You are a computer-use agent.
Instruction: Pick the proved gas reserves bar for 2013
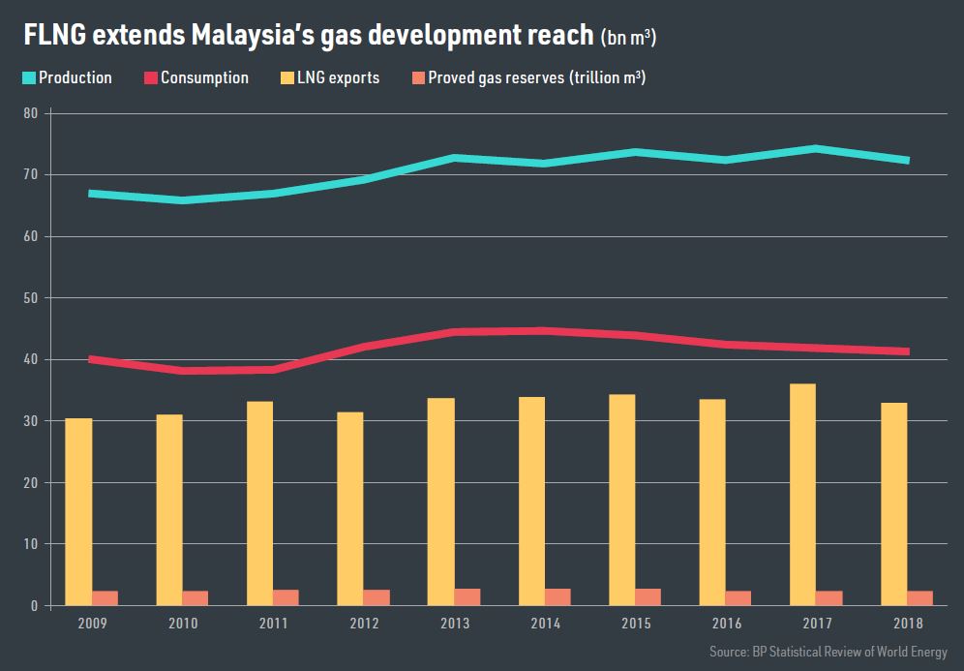coord(467,596)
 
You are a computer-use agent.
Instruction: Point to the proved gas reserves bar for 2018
coord(919,597)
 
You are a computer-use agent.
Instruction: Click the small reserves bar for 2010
coord(196,597)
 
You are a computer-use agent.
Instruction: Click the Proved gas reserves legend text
coord(537,77)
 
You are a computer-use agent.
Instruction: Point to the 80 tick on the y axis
coord(31,113)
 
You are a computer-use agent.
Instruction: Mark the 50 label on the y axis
coord(31,298)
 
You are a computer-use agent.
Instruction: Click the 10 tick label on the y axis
coord(31,544)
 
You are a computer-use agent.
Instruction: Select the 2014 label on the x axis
coord(546,623)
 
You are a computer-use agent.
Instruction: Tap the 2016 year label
coord(726,623)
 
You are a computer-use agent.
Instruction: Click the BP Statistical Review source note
coord(828,652)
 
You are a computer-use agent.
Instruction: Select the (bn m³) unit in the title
coord(630,38)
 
